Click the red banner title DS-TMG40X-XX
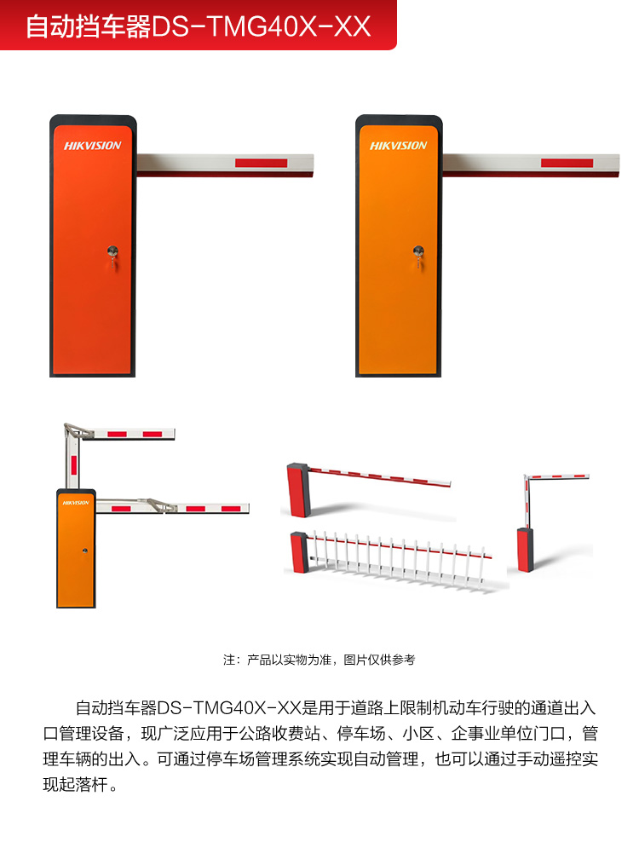[262, 26]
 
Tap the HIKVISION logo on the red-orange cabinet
[92, 146]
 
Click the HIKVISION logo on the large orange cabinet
[399, 146]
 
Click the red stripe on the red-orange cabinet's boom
[261, 163]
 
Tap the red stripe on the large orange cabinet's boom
[567, 163]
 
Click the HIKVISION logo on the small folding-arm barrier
[76, 503]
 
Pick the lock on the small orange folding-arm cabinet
[85, 551]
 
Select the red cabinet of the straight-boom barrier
[298, 490]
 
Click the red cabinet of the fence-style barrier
[299, 552]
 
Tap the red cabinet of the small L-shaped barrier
[525, 550]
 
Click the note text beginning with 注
[319, 660]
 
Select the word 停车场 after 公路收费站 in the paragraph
[361, 734]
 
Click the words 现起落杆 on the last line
[75, 785]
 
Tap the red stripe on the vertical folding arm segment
[73, 465]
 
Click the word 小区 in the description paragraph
[418, 734]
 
